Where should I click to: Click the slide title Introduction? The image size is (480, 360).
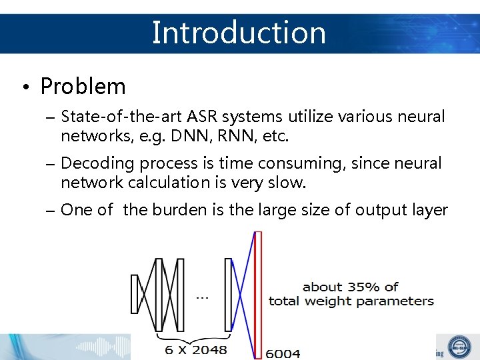[x=239, y=32]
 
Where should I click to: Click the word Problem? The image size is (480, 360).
[x=83, y=86]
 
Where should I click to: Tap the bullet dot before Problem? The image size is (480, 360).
[x=23, y=87]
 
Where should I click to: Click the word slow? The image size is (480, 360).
[x=288, y=183]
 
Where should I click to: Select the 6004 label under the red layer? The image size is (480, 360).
[x=283, y=353]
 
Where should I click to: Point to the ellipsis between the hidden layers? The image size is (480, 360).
[x=203, y=297]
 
